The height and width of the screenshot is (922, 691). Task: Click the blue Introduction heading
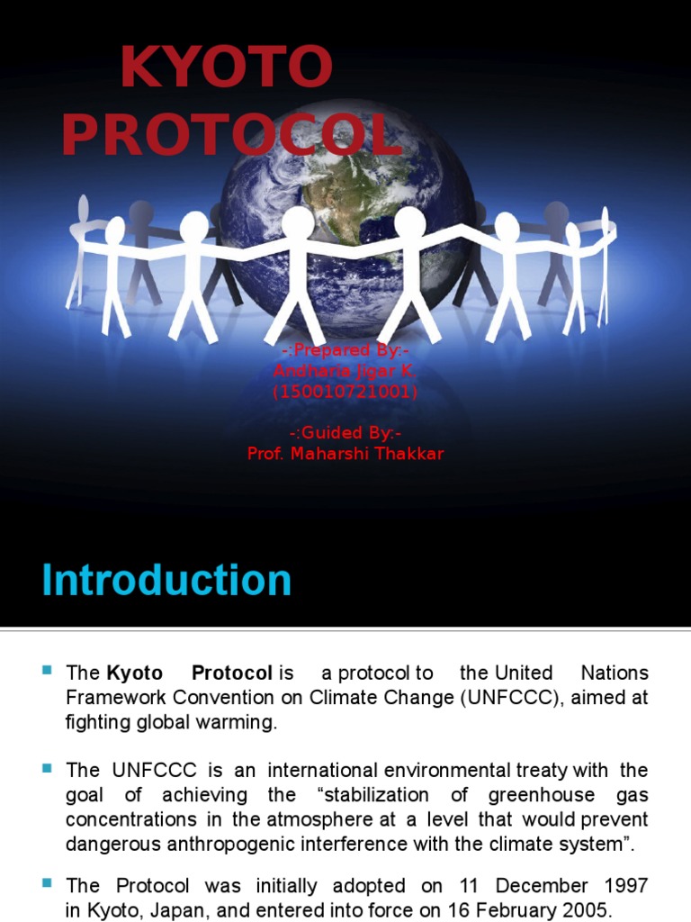click(x=166, y=581)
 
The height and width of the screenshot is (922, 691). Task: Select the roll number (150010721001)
click(x=345, y=392)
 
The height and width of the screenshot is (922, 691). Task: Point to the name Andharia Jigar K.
click(x=345, y=371)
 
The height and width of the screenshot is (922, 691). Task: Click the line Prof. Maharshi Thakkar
click(x=345, y=454)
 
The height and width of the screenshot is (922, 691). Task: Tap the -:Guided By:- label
click(x=345, y=433)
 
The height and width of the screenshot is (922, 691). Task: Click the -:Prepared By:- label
click(x=345, y=350)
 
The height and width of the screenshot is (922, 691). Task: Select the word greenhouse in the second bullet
click(x=544, y=795)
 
